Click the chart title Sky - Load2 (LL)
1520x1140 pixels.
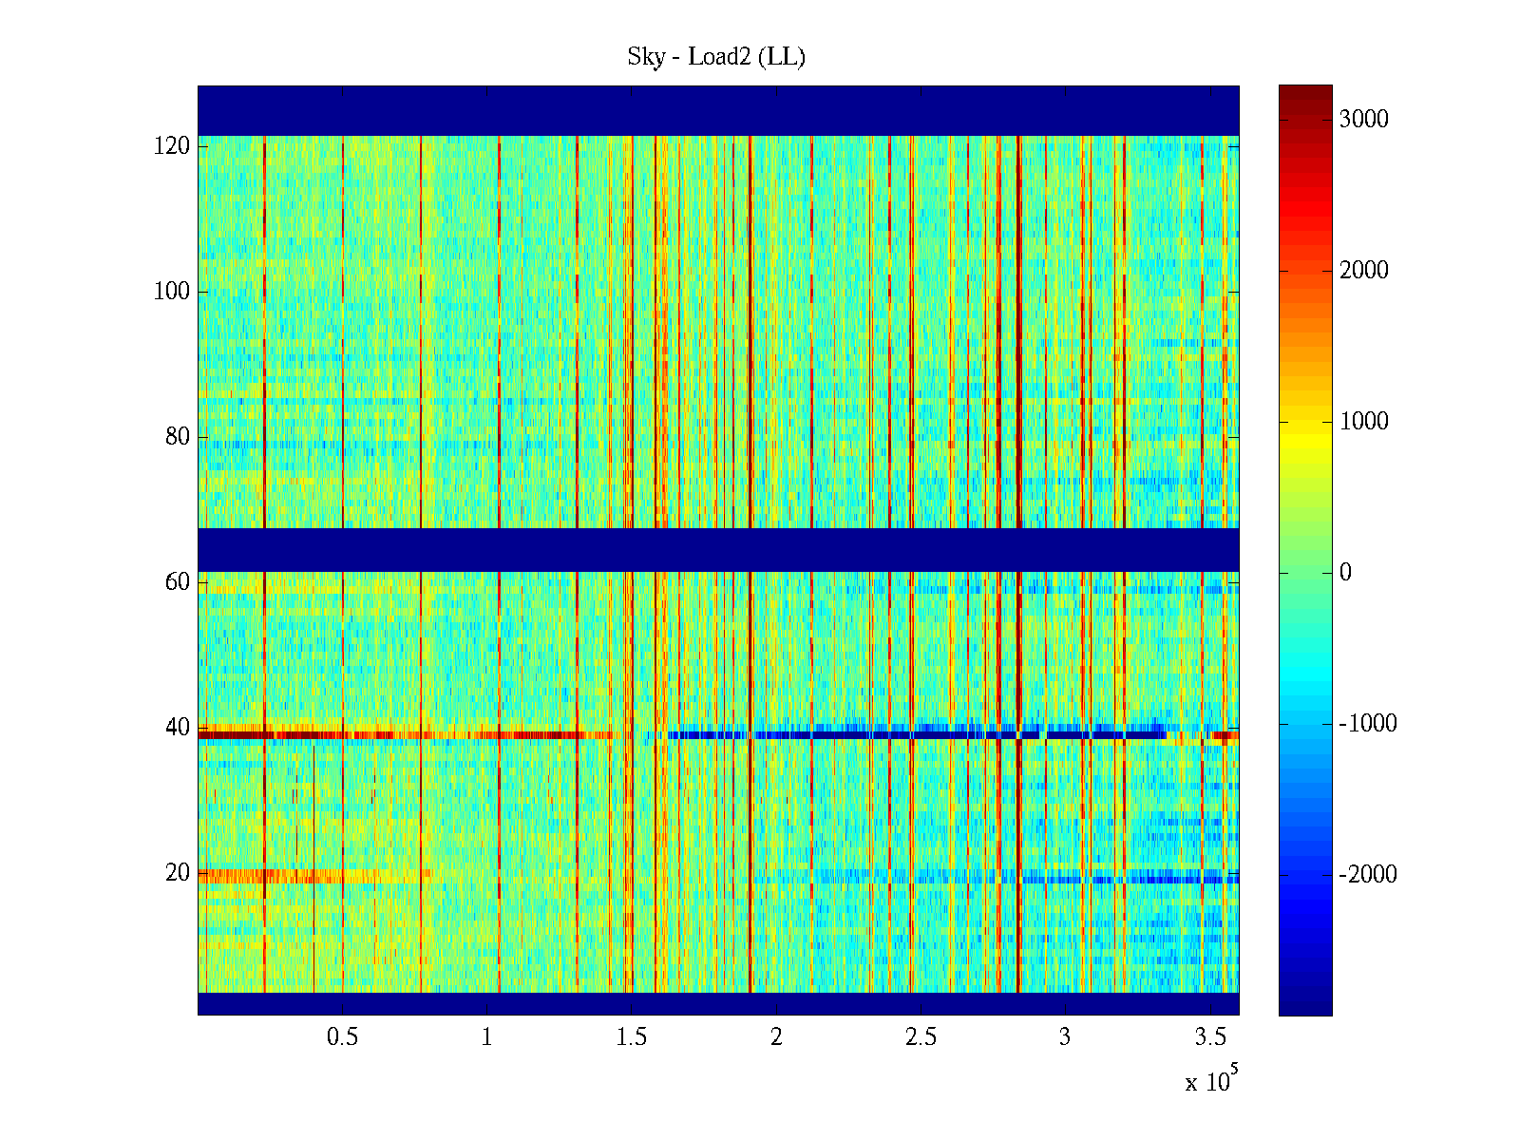click(x=716, y=57)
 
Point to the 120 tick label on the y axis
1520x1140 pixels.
click(x=172, y=146)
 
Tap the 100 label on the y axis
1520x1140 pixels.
click(x=172, y=292)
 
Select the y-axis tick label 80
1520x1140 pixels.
click(x=178, y=437)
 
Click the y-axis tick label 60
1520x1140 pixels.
click(x=178, y=582)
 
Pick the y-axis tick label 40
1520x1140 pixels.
click(x=178, y=728)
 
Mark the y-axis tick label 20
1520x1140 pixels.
click(x=178, y=873)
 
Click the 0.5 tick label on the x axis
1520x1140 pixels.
click(x=342, y=1037)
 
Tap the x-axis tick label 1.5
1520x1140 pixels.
click(x=632, y=1037)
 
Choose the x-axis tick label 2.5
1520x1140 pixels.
click(x=921, y=1037)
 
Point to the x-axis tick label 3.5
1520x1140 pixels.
click(x=1210, y=1037)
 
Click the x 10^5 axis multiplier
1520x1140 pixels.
click(x=1210, y=1080)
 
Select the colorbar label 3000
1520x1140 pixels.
click(x=1363, y=120)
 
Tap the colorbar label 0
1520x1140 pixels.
click(x=1345, y=573)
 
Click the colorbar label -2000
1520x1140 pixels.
click(x=1368, y=875)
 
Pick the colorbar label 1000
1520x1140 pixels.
click(x=1363, y=422)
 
